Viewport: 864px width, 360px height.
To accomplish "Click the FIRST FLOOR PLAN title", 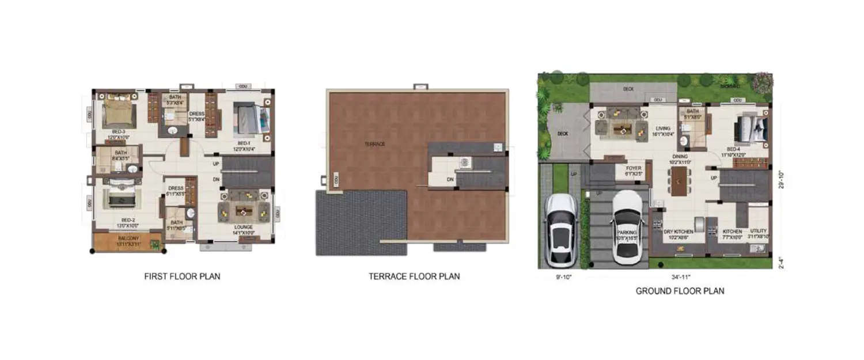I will point(182,276).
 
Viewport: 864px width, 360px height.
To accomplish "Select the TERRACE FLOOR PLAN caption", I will point(414,276).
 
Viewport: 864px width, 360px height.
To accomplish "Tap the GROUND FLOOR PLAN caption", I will point(680,291).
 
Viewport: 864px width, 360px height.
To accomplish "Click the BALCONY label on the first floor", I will point(128,238).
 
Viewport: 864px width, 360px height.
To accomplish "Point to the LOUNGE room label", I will point(243,227).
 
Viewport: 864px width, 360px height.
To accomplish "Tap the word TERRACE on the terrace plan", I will point(374,143).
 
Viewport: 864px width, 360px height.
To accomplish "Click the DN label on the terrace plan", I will point(450,179).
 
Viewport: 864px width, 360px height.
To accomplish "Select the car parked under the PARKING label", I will point(627,226).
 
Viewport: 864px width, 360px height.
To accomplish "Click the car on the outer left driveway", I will point(561,229).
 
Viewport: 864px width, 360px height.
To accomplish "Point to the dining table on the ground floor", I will point(680,180).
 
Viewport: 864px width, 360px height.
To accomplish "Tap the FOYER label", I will point(634,171).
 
